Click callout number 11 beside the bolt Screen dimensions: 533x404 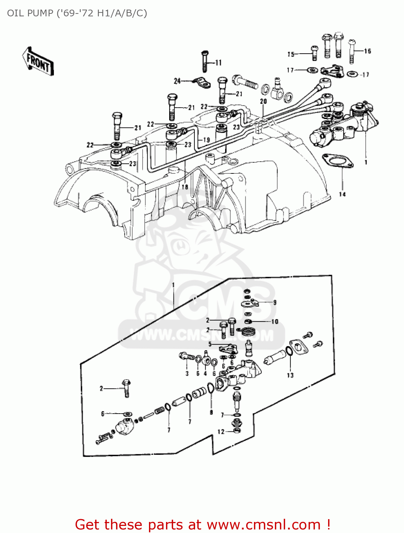(218, 63)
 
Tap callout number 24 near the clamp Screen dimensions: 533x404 (177, 81)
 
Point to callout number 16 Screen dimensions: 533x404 (367, 51)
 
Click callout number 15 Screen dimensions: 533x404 (291, 54)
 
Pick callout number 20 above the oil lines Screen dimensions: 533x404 (263, 101)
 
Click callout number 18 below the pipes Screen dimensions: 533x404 (185, 187)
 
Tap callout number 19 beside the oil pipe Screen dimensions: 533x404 (206, 140)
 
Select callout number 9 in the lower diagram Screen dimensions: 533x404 (275, 302)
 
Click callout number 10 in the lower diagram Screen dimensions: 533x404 (275, 322)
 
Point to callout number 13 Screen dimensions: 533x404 (290, 375)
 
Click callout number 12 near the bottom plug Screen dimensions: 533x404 (221, 432)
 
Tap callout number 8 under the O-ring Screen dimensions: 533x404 (211, 413)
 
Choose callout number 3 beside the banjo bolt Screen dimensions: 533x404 (187, 373)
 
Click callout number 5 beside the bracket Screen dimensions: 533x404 (210, 344)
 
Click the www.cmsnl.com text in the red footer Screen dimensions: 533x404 (264, 524)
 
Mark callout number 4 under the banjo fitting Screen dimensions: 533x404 (205, 373)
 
